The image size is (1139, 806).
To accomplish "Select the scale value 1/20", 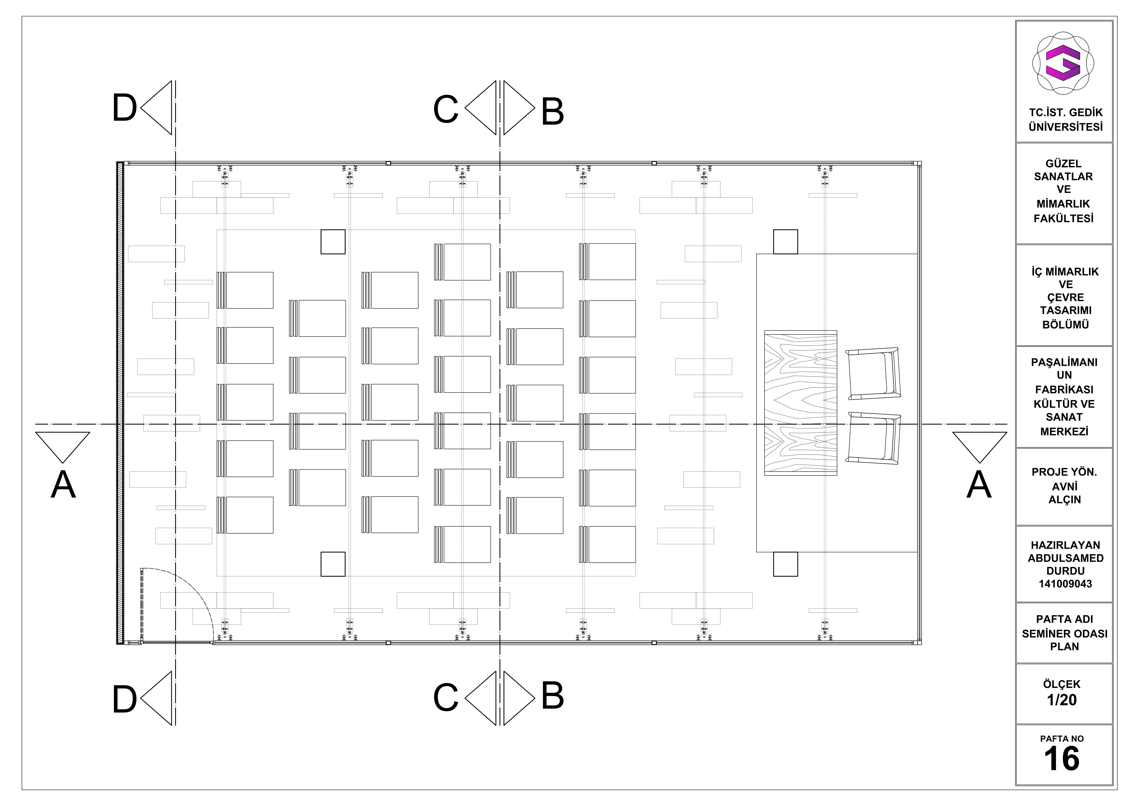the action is [x=1062, y=700].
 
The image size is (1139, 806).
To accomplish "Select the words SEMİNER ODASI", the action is [x=1065, y=634].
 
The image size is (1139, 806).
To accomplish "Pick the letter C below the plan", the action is [x=445, y=697].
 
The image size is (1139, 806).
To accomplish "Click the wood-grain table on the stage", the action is [x=801, y=403].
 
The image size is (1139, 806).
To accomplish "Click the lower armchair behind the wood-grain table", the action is [x=873, y=438].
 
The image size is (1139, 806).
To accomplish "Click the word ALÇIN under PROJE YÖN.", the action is [x=1065, y=500].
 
